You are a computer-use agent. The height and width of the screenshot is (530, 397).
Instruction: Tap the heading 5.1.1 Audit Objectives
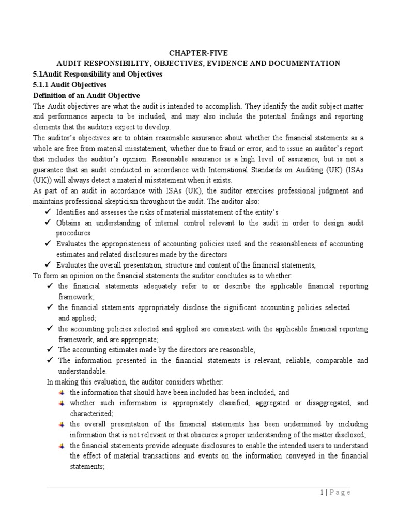70,84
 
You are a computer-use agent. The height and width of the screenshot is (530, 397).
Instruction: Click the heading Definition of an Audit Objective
86,95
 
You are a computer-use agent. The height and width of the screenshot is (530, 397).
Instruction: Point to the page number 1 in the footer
320,492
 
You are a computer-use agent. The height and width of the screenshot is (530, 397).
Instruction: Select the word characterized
91,414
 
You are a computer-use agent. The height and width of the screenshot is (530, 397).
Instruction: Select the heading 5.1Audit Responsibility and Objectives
98,74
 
